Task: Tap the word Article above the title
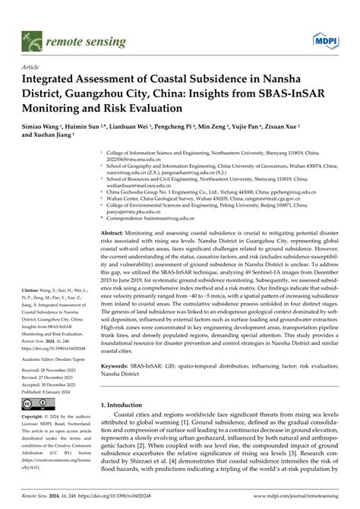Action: click(x=32, y=67)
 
